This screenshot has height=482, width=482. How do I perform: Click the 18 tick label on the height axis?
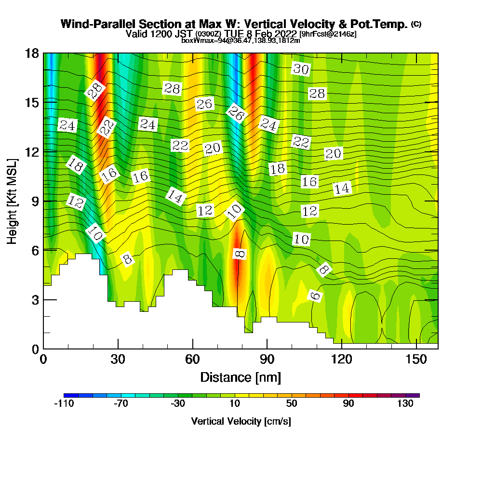pyautogui.click(x=32, y=53)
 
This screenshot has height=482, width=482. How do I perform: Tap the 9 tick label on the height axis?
pyautogui.click(x=35, y=201)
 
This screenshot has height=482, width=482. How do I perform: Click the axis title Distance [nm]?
pyautogui.click(x=241, y=377)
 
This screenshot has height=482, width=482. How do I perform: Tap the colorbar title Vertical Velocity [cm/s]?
pyautogui.click(x=241, y=421)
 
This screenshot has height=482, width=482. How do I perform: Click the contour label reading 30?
pyautogui.click(x=301, y=69)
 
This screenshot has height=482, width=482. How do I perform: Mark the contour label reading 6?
pyautogui.click(x=315, y=295)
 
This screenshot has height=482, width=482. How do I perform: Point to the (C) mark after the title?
pyautogui.click(x=416, y=24)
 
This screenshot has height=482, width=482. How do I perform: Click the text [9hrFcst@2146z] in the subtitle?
pyautogui.click(x=328, y=34)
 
